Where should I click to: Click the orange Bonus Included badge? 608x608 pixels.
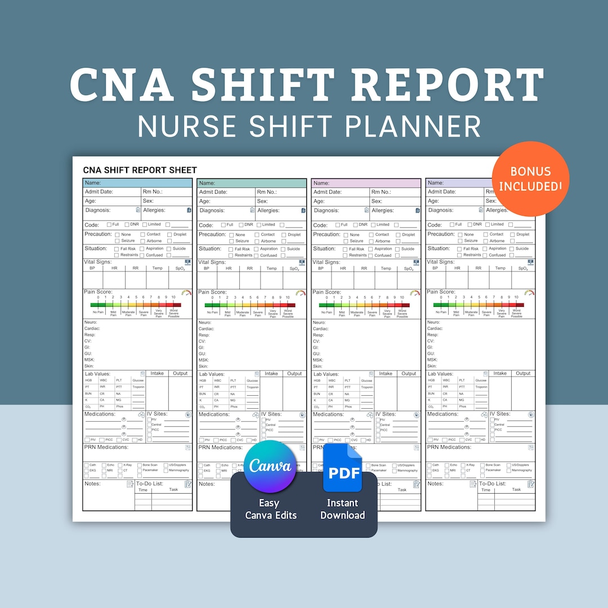pos(530,178)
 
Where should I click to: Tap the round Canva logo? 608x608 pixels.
pos(270,467)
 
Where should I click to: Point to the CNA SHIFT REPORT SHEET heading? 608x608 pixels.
pos(140,170)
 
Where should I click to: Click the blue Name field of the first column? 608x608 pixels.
pos(137,183)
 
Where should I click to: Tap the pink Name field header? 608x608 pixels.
pos(366,183)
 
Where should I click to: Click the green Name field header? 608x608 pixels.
pos(252,183)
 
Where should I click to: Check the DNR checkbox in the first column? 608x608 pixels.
pos(128,225)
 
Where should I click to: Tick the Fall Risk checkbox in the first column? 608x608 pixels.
pos(117,249)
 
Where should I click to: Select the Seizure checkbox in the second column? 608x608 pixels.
pos(231,241)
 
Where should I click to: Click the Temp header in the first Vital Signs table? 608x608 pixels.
pos(158,269)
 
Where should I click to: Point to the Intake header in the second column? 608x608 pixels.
pos(271,374)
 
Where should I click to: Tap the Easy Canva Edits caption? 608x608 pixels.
pos(270,509)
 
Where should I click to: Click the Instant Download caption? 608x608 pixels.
pos(342,509)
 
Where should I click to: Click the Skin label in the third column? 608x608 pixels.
pos(318,366)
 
